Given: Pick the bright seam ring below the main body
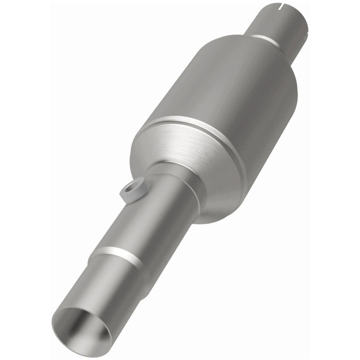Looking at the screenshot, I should click(189, 124).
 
